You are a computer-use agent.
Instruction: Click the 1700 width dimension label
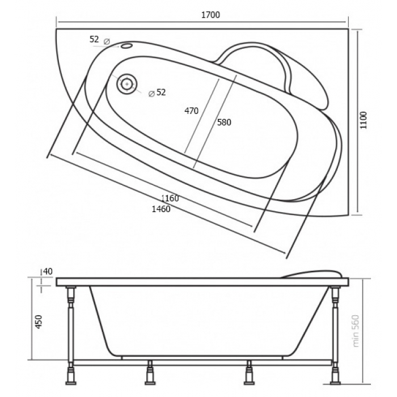point(210,15)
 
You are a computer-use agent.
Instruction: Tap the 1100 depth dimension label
point(364,120)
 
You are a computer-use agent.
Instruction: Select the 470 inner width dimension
point(192,111)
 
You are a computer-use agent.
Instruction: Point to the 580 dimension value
point(224,123)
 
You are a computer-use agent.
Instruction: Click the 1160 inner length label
point(170,198)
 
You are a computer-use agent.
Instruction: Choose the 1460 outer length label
point(161,209)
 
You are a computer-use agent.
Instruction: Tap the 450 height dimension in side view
point(39,322)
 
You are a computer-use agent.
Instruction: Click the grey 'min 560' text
point(356,331)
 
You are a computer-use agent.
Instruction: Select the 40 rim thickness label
point(48,272)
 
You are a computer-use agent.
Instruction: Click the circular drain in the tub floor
point(126,83)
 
